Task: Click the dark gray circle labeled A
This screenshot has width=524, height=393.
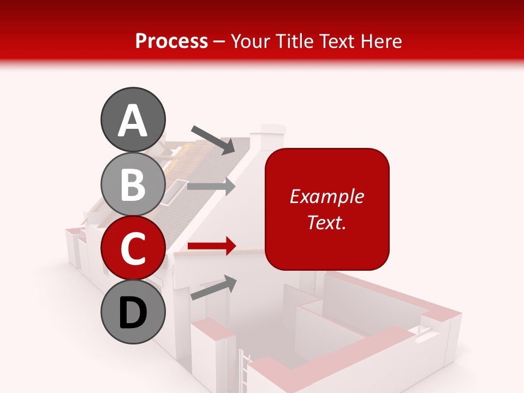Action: pos(133,120)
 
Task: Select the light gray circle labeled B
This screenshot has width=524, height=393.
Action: pos(133,184)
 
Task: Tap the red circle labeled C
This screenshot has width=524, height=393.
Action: pos(133,248)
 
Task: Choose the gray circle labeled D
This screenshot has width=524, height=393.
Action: pos(133,312)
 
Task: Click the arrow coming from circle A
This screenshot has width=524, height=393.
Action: pos(213,140)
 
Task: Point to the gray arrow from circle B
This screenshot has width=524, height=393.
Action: pos(211,186)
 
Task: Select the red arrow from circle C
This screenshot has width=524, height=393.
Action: pos(212,246)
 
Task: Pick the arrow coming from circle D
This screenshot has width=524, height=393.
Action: pos(213,288)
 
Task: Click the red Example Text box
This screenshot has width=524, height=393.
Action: pos(327,209)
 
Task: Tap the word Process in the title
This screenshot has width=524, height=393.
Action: pos(171,41)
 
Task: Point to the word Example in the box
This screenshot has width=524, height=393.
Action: pos(327,197)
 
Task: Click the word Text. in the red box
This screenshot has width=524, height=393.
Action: pos(327,222)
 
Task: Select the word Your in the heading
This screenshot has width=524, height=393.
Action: pos(252,41)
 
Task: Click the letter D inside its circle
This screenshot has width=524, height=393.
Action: pos(133,313)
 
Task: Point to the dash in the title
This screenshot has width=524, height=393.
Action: pos(220,42)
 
